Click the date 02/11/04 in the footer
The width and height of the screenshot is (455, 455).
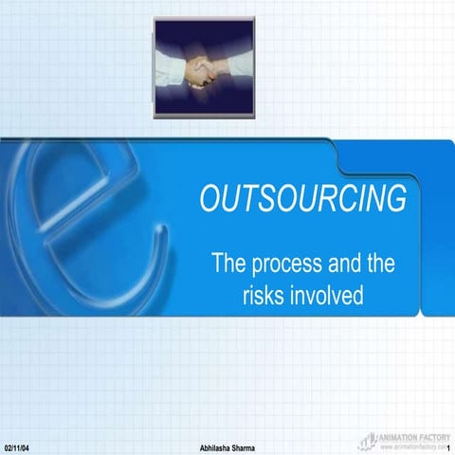(x=16, y=446)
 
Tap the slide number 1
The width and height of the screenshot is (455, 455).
(x=446, y=446)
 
